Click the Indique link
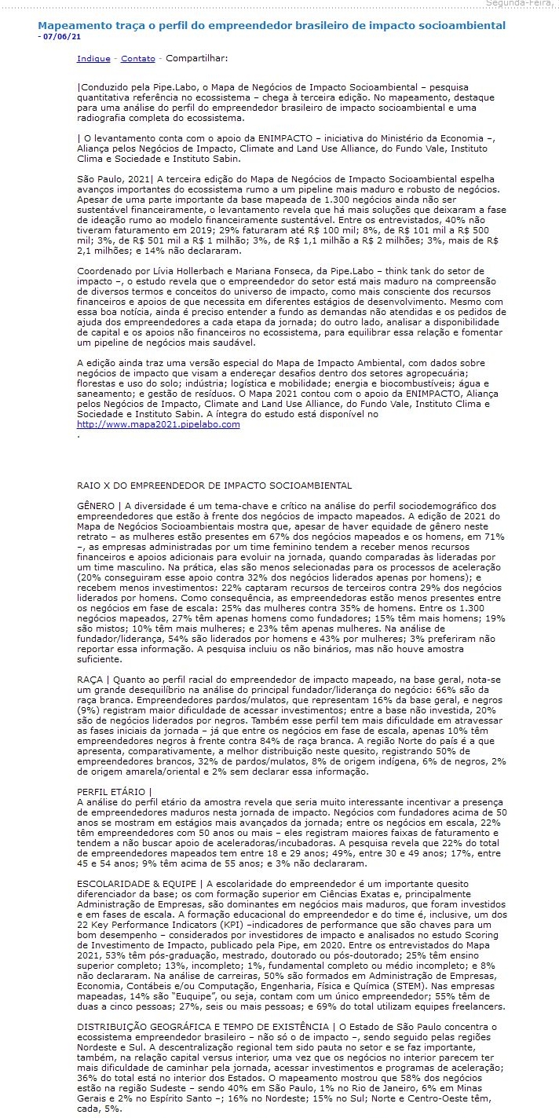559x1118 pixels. [93, 58]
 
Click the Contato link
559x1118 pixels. [137, 58]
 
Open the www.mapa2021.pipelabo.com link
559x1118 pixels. [158, 424]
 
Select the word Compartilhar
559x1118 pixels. [196, 58]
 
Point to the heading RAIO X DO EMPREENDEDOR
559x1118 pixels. [214, 486]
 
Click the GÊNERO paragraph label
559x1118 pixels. [95, 504]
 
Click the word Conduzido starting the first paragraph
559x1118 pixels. [106, 87]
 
